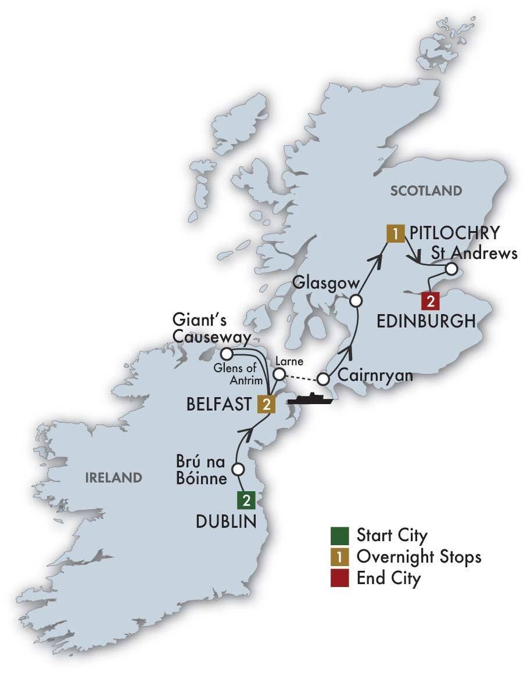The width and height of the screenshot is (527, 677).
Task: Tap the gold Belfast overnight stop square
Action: click(266, 404)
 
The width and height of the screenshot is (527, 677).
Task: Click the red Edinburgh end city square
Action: click(430, 301)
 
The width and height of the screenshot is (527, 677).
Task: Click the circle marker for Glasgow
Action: click(356, 301)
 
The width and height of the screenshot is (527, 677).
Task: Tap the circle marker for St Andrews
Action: click(451, 269)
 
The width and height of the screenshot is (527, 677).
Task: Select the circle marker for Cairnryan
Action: click(324, 380)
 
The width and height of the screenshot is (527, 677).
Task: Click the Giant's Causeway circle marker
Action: click(227, 354)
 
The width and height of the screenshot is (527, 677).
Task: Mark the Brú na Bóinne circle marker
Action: click(237, 469)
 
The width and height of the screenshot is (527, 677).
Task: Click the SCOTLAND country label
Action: click(426, 190)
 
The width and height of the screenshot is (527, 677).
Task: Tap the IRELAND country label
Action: click(113, 478)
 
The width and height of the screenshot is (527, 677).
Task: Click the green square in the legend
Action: click(340, 534)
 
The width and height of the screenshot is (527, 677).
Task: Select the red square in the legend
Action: click(340, 578)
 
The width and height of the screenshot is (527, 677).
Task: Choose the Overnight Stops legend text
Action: click(419, 556)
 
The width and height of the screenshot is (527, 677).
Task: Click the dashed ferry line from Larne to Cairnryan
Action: click(302, 377)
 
